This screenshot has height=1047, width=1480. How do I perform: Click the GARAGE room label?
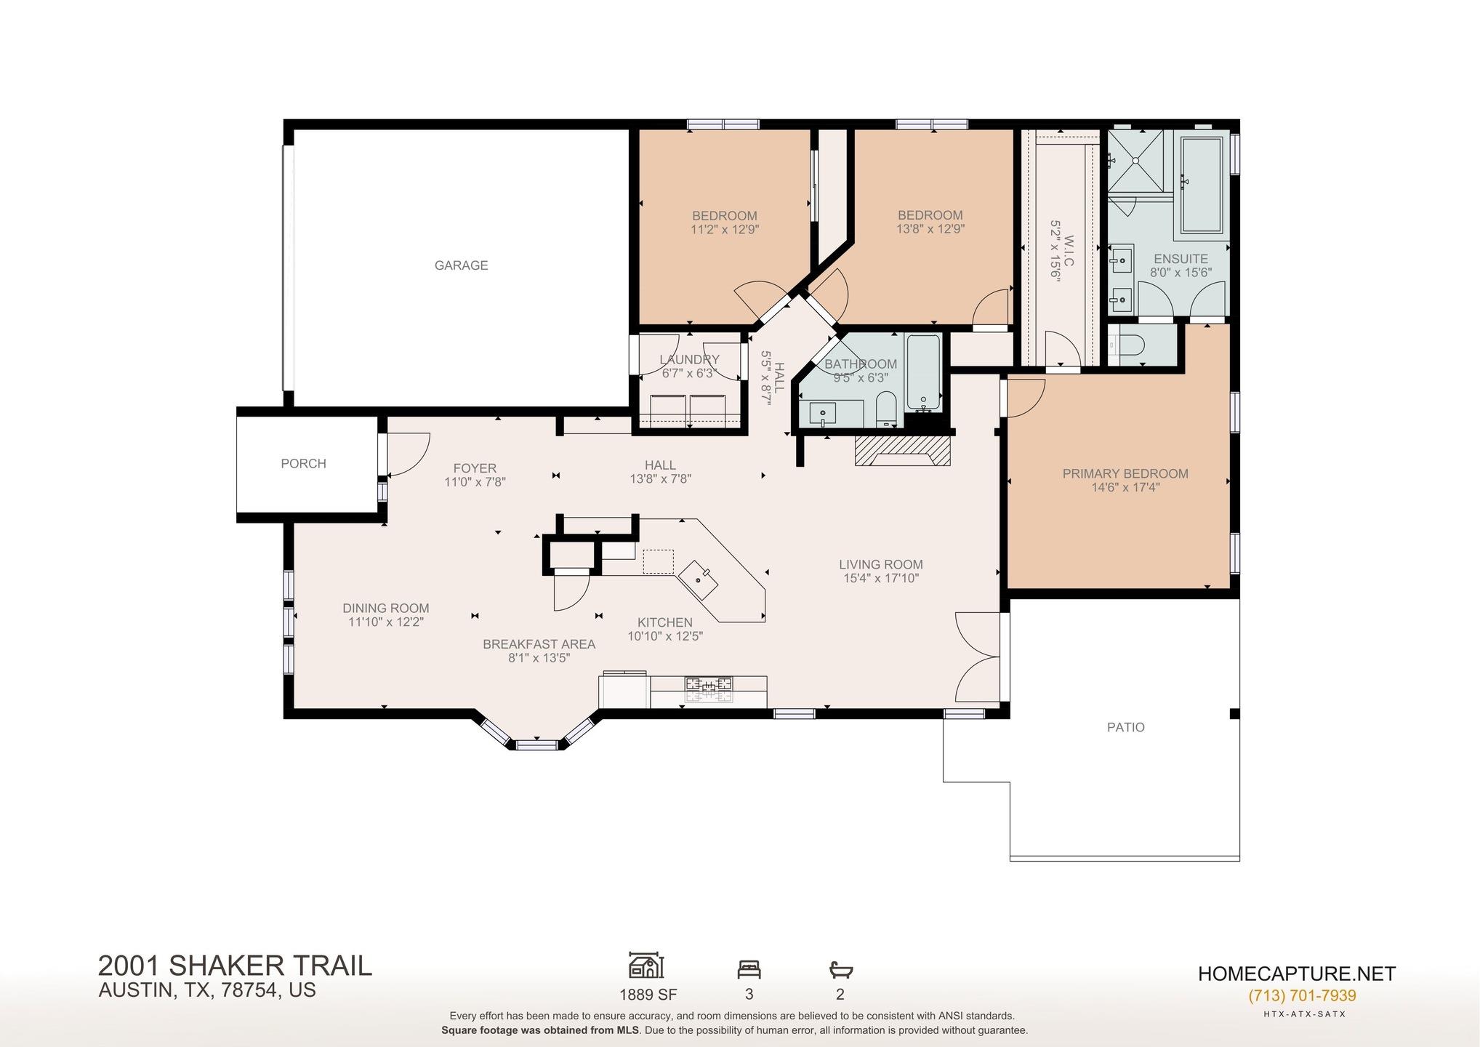click(461, 265)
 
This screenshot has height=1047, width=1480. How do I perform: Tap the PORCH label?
click(303, 463)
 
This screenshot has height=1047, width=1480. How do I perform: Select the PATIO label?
click(1125, 727)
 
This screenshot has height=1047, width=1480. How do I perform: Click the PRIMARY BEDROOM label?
click(1125, 473)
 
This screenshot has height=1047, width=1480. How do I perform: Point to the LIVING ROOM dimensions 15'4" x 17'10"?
click(881, 578)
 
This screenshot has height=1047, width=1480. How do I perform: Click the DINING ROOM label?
click(386, 608)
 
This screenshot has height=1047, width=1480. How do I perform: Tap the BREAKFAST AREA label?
click(539, 644)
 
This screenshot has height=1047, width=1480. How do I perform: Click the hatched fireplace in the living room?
click(902, 450)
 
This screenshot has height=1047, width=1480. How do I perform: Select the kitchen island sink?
click(700, 579)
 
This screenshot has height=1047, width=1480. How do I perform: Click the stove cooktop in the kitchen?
click(709, 689)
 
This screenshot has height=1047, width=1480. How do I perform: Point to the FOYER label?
click(475, 468)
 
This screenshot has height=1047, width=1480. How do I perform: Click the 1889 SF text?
click(648, 994)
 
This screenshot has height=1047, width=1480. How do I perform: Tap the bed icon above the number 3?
click(749, 968)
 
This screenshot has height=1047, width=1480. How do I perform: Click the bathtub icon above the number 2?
click(840, 969)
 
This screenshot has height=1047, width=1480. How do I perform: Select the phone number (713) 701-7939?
click(1302, 995)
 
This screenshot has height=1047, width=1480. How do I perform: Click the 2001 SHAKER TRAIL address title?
click(235, 966)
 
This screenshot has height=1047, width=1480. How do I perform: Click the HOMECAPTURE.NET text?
click(1297, 974)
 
